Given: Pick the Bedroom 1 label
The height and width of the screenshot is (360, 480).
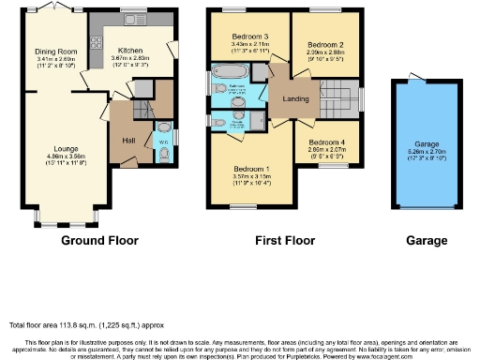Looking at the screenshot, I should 250,168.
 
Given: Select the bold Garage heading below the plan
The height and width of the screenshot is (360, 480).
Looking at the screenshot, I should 427,241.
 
